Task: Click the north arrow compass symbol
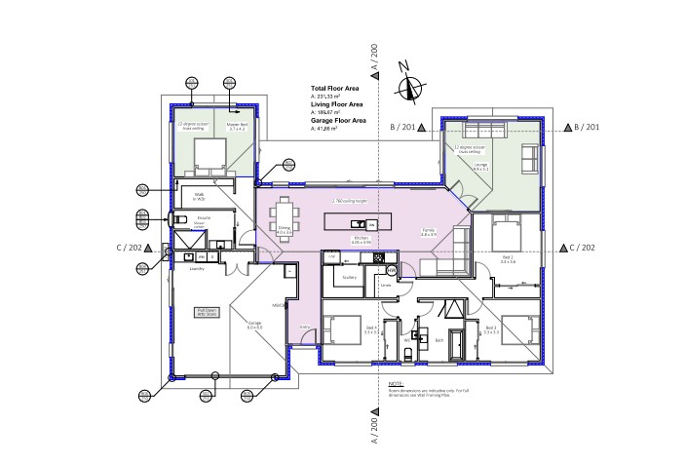tap(409, 86)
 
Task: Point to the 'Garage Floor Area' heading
tap(338, 120)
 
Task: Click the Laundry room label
tap(195, 266)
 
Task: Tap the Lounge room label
tap(481, 166)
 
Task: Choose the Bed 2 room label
tap(507, 261)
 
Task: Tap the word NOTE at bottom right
tap(395, 384)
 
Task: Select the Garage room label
tap(254, 326)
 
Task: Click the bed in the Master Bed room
tap(208, 155)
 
